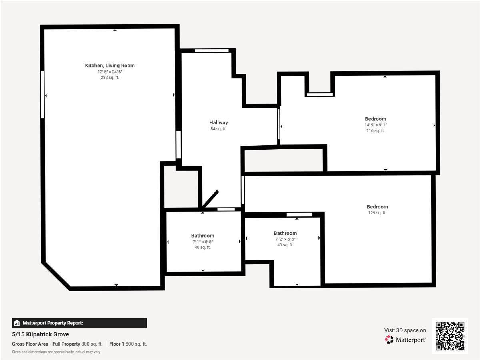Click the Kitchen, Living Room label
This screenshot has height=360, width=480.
tap(110, 66)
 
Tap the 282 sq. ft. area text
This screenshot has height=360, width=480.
tap(110, 77)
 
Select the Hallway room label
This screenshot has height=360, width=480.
tap(218, 123)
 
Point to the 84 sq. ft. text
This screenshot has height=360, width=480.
tap(218, 129)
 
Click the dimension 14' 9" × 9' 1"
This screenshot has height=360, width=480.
tap(376, 125)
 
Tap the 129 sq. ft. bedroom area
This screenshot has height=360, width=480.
tap(377, 213)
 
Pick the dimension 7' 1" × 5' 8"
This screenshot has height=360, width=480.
tap(203, 242)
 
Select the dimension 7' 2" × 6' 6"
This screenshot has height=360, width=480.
tap(285, 239)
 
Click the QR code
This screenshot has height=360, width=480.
tap(450, 336)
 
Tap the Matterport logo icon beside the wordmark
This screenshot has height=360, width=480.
tap(389, 340)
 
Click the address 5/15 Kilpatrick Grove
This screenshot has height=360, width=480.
tap(40, 334)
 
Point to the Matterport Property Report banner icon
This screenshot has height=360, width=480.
tap(17, 323)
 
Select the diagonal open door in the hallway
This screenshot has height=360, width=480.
tap(210, 199)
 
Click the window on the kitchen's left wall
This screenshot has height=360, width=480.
tap(42, 95)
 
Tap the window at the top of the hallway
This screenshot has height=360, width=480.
tap(212, 51)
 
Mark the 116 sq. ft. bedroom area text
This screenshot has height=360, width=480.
tap(376, 130)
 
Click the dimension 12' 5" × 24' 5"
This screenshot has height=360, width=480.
tap(110, 72)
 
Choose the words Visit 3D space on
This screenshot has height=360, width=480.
tap(405, 330)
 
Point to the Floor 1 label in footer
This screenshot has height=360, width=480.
tap(116, 344)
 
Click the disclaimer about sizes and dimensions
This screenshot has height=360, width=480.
tap(56, 352)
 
